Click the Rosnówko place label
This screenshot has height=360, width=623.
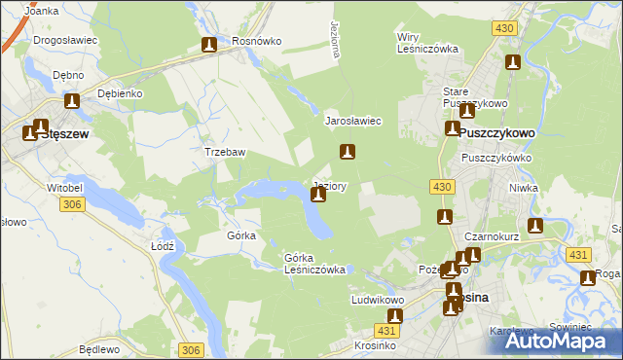(257, 42)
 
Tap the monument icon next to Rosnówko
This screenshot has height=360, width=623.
(209, 45)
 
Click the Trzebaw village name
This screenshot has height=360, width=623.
(224, 153)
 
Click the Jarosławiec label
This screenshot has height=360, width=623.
(352, 121)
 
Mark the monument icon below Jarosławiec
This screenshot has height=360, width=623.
(347, 152)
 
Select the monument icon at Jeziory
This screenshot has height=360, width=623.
(318, 196)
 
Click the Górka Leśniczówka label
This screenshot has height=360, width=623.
(314, 264)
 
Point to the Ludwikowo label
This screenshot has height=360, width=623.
(378, 301)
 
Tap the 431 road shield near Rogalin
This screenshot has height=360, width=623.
(578, 254)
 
